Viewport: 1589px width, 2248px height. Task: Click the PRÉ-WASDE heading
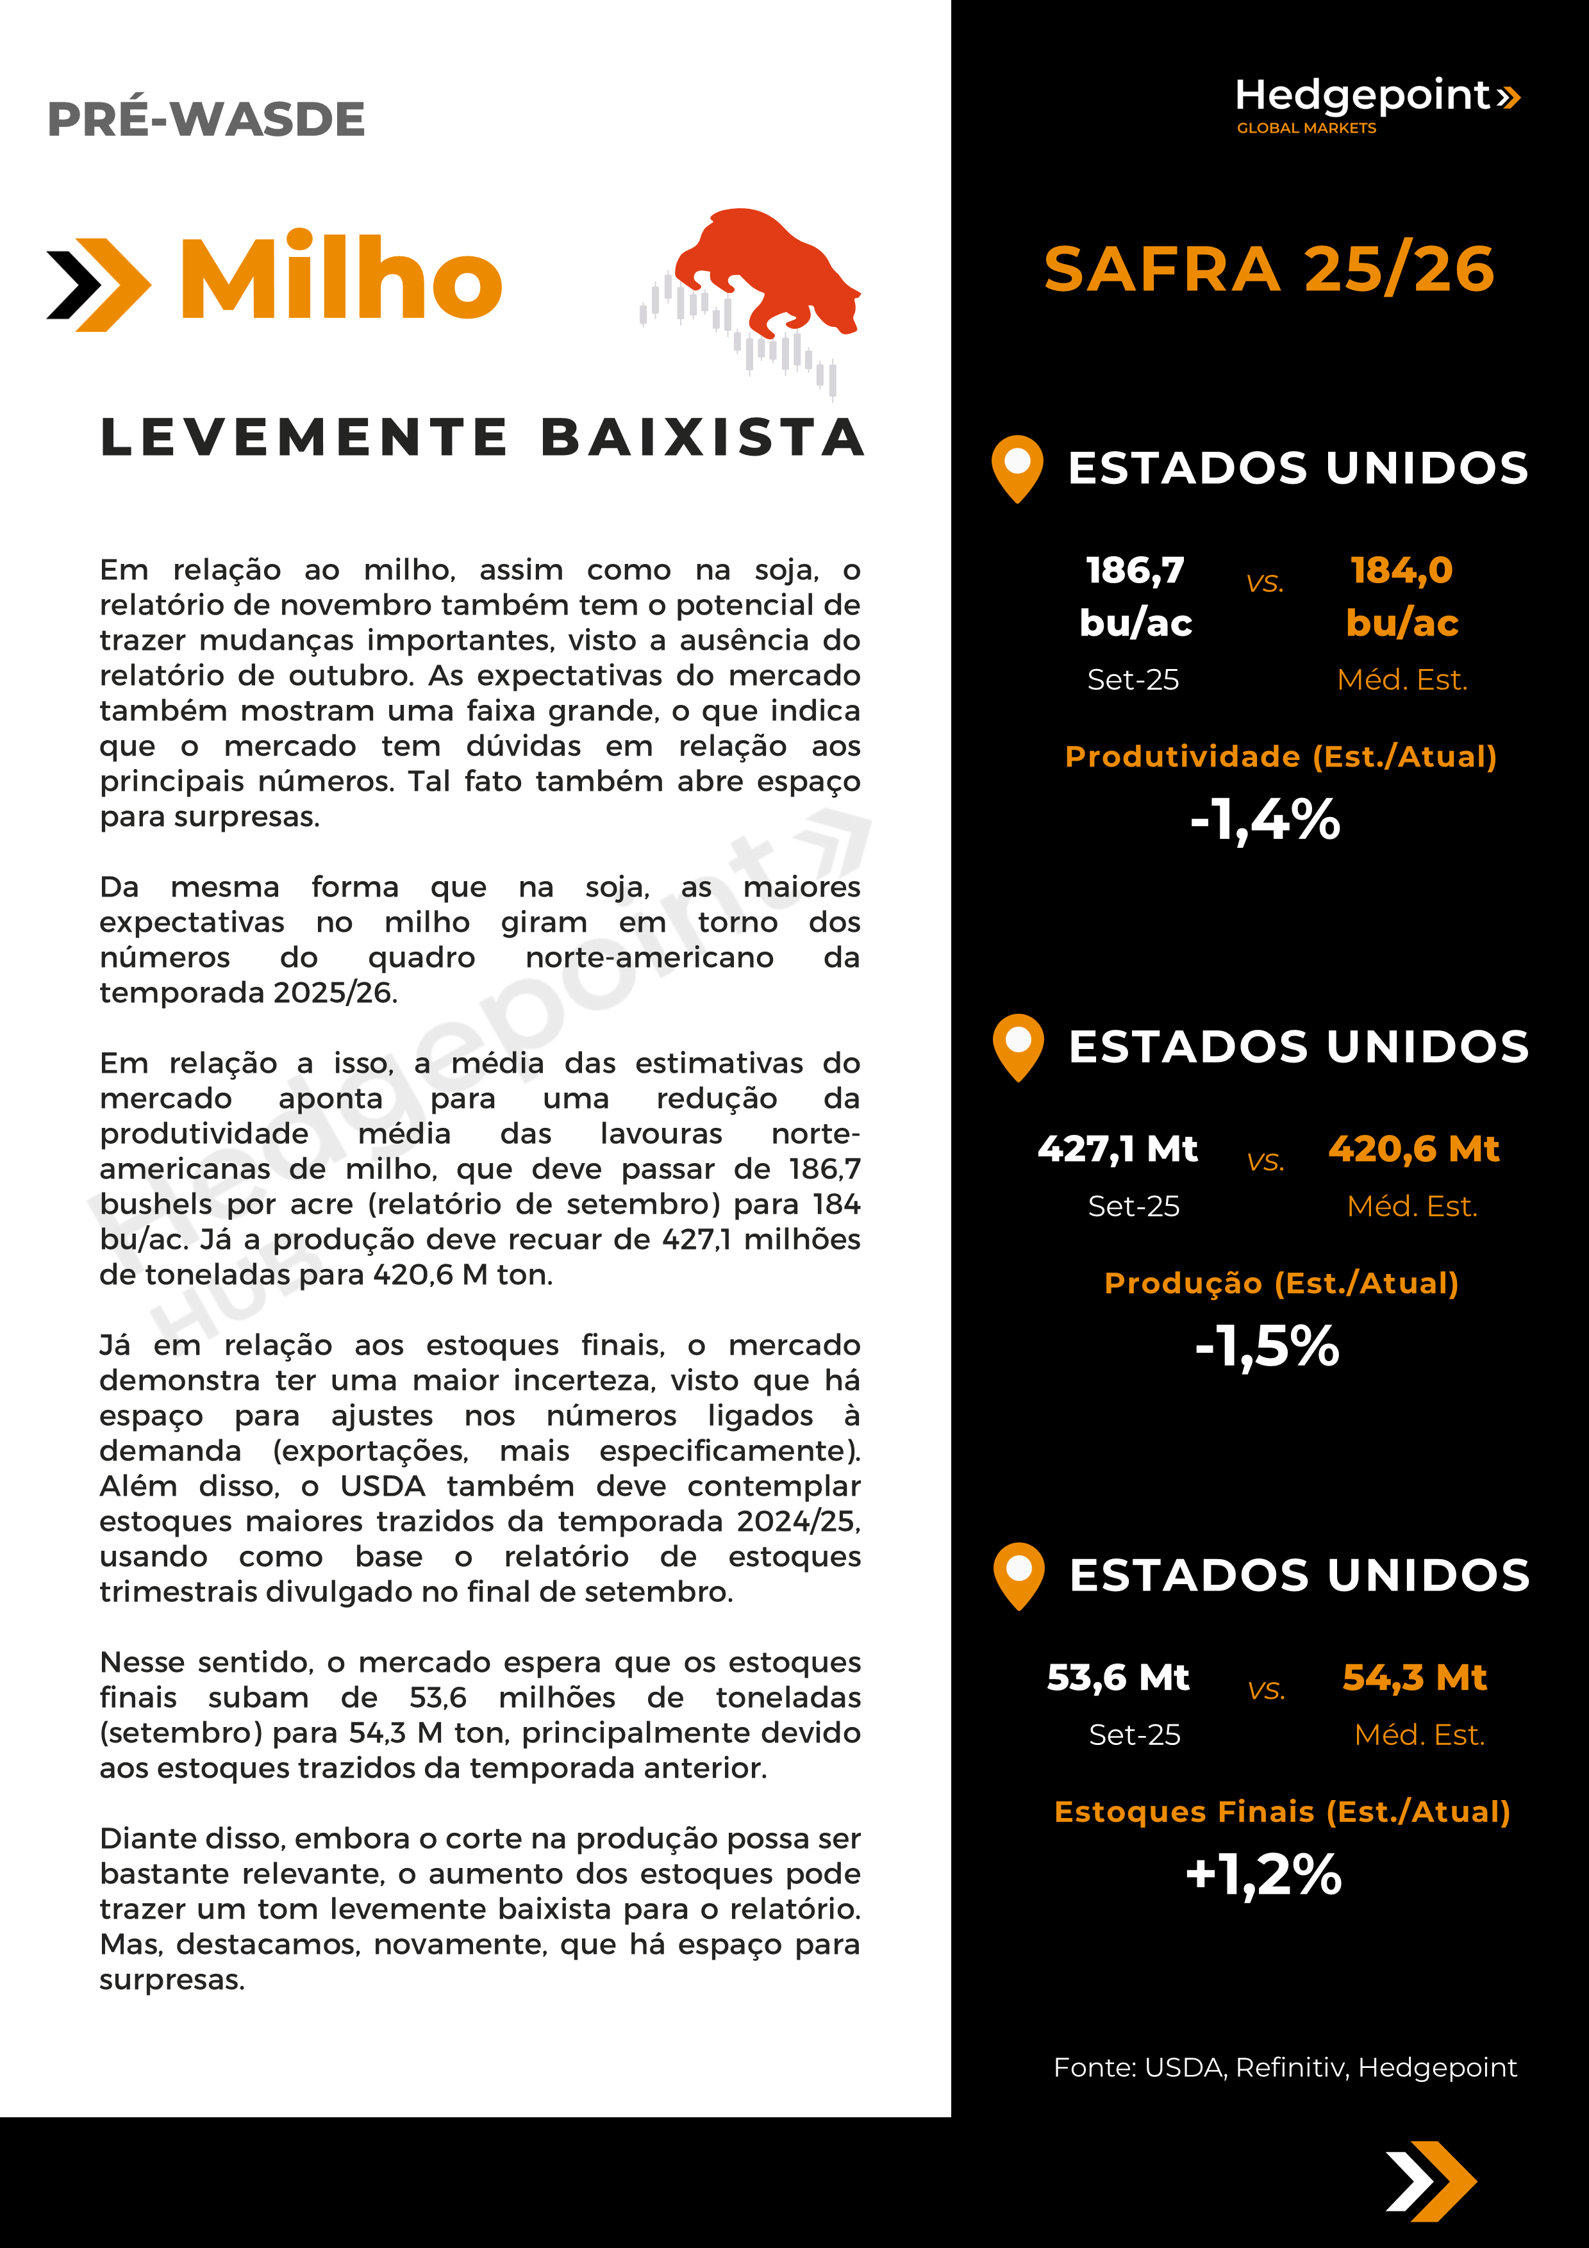tap(206, 119)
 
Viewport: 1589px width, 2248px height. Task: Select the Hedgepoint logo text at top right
tap(1363, 96)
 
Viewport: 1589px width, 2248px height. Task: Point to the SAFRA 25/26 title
tap(1269, 269)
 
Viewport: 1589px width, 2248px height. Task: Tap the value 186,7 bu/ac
tap(1136, 595)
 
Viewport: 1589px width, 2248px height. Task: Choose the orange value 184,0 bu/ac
tap(1402, 595)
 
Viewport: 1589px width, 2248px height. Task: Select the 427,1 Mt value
tap(1118, 1148)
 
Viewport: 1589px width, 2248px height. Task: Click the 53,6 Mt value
tap(1118, 1677)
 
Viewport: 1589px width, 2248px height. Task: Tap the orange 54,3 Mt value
tap(1415, 1677)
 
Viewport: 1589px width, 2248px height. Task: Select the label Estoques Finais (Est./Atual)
tap(1281, 1812)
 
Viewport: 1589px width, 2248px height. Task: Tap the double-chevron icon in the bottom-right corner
tap(1431, 2181)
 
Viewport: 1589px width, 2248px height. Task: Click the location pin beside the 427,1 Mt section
tap(1019, 1046)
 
